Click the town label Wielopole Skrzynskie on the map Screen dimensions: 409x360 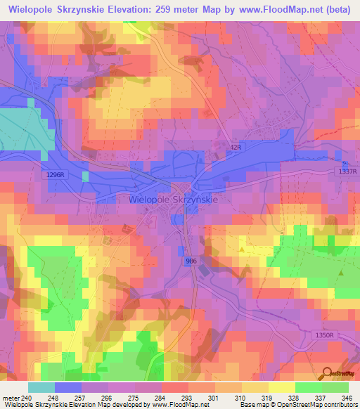(x=174, y=200)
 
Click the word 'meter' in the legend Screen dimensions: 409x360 (x=11, y=396)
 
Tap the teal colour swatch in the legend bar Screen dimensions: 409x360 (x=41, y=387)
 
